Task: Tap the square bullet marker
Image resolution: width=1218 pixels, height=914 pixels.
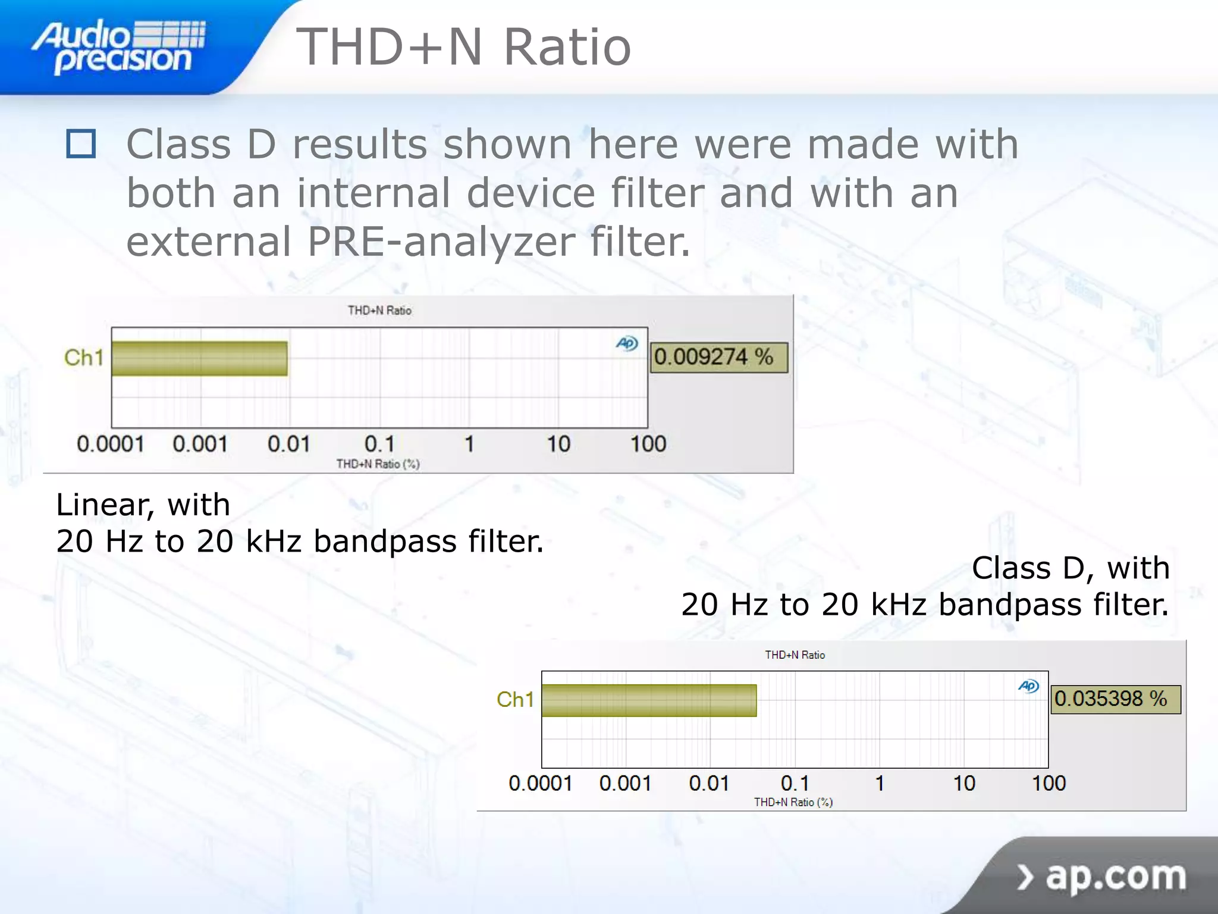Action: pos(81,144)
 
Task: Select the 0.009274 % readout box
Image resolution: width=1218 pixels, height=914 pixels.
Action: pos(718,357)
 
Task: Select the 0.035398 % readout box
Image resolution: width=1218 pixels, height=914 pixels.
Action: pos(1115,699)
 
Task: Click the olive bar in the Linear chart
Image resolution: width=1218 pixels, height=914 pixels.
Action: pos(199,358)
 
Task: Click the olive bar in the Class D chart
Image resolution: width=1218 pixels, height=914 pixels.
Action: pos(649,700)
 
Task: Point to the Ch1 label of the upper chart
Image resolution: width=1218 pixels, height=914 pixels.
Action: pos(84,358)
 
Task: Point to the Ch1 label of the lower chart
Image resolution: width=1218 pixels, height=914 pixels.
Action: pos(515,700)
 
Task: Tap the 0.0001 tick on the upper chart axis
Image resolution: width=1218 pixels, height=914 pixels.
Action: pos(111,444)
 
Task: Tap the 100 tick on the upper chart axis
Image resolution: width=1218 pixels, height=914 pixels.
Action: pos(648,444)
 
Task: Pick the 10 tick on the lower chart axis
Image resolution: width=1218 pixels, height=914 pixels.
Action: pos(964,783)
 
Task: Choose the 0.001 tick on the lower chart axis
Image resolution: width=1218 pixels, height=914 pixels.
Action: pos(625,783)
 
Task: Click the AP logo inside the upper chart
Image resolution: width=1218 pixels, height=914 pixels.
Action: pos(627,343)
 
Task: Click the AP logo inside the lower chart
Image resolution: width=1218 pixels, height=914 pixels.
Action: pos(1028,686)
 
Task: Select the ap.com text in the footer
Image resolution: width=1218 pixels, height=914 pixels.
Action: pos(1115,876)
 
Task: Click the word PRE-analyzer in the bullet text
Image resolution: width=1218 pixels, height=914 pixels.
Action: pos(441,242)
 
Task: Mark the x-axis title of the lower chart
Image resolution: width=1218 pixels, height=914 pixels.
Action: pos(793,802)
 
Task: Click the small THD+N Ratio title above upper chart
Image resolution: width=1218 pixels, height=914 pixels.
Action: pos(379,310)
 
